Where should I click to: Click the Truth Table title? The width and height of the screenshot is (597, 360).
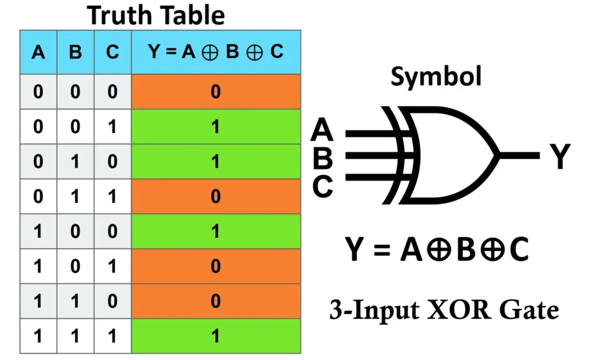click(156, 15)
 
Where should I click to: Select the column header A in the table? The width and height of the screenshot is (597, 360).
click(38, 52)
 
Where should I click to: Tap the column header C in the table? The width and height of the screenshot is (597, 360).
click(113, 52)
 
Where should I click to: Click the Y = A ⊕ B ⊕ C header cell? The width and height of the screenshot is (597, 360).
click(216, 52)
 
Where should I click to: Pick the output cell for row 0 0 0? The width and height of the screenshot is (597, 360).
click(216, 91)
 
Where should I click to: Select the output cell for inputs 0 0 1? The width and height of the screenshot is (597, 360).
click(216, 126)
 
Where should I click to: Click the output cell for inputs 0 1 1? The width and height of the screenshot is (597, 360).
click(216, 196)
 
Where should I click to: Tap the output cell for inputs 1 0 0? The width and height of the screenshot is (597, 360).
click(216, 231)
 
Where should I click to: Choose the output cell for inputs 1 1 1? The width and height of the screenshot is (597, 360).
click(216, 336)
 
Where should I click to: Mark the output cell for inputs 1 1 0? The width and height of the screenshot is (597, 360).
click(216, 301)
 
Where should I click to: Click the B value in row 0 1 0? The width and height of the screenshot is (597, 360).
click(75, 161)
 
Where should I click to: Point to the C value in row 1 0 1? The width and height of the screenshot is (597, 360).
click(113, 266)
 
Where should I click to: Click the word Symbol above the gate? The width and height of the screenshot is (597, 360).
click(436, 76)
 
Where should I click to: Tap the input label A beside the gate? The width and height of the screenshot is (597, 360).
click(322, 130)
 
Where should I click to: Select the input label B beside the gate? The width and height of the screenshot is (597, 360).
click(322, 157)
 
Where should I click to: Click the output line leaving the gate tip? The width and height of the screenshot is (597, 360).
click(519, 156)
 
